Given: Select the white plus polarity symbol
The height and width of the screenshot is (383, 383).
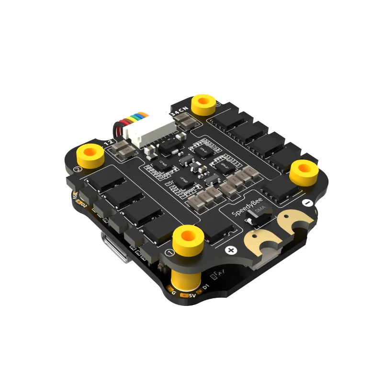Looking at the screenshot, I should pos(231,250).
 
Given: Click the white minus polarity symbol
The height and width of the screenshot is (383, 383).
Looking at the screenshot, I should pos(308,203).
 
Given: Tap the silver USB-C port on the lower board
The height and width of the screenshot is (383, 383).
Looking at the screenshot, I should pos(115,248).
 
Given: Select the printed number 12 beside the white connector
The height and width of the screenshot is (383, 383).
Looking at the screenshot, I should pos(109,142).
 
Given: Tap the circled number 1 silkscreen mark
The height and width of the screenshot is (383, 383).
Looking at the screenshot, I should pos(168,253).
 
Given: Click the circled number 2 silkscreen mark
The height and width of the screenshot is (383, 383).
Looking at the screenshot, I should pos(79,169).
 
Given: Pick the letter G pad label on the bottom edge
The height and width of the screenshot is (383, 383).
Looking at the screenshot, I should pos(173,293).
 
